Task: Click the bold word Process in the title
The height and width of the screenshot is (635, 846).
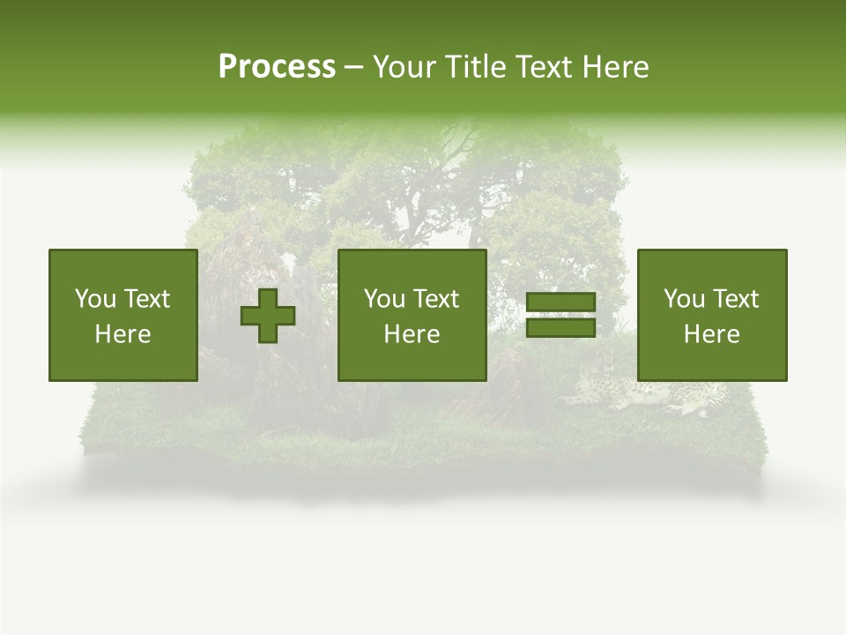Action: point(277,67)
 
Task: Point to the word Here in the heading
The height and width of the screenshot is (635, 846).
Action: point(615,67)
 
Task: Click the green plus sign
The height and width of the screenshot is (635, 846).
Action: point(268,316)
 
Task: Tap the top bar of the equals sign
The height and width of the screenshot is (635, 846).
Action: point(560,303)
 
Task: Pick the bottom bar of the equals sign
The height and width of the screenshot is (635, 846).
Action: point(560,328)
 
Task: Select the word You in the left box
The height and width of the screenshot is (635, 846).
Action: point(95,299)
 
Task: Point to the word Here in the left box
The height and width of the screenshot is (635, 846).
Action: point(122,334)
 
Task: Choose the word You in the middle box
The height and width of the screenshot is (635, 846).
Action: point(384,299)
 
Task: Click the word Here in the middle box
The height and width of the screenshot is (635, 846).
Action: point(412,334)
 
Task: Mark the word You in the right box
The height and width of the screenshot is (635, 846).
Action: point(684,299)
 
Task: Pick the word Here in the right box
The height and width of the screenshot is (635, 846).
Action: point(711,334)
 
